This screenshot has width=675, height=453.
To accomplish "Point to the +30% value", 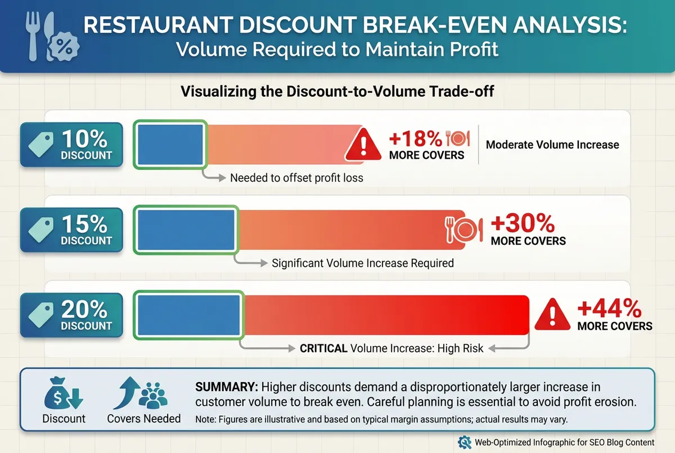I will (x=523, y=224).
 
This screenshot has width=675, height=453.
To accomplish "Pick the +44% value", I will (x=609, y=309).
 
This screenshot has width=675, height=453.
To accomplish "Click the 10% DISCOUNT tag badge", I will (x=71, y=145).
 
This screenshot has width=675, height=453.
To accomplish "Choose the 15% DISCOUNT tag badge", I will (x=71, y=230).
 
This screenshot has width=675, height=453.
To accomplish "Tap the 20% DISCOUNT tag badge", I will (x=71, y=316).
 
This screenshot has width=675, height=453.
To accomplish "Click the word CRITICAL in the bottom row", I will (x=323, y=348).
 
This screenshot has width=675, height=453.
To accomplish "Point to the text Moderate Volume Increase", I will (x=552, y=145).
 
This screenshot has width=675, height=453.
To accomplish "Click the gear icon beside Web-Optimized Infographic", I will (x=465, y=442).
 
